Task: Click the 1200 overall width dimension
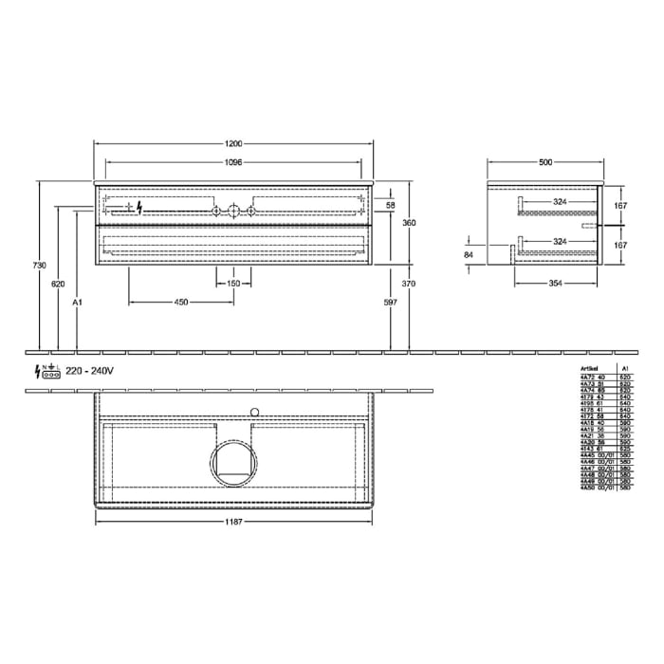[x=234, y=143]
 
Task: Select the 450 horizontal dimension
[x=180, y=302]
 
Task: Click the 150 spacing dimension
[x=233, y=284]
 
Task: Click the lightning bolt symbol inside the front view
[x=140, y=207]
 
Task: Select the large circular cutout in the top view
[x=233, y=464]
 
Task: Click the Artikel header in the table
[x=589, y=366]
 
